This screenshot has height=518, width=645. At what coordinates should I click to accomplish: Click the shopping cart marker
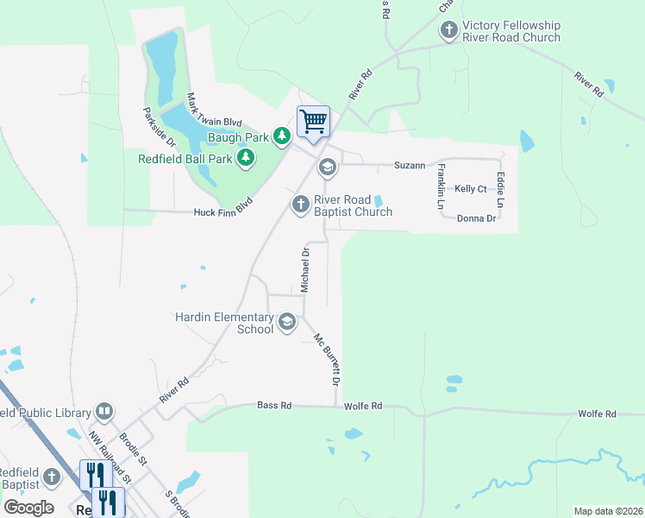[313, 121]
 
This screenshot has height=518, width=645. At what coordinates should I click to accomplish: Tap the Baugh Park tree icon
[282, 136]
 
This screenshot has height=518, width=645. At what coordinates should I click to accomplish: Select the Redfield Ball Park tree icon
[246, 157]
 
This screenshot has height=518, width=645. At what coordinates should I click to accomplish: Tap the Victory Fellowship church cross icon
[448, 30]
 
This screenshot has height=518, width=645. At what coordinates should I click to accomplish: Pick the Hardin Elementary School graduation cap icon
[287, 323]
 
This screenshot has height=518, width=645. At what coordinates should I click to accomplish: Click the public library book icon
[104, 411]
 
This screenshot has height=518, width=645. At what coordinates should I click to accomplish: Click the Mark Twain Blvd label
[214, 111]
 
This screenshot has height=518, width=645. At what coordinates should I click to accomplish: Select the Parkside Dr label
[159, 125]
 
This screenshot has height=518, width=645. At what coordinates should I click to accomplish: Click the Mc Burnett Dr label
[329, 360]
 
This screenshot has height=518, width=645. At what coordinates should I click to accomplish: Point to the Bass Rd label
[274, 405]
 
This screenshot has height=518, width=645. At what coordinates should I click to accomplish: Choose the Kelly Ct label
[471, 188]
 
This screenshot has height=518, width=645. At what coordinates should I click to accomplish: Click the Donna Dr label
[476, 218]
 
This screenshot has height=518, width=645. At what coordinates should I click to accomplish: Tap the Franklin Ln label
[441, 187]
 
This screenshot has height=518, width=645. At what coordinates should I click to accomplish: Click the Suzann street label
[410, 164]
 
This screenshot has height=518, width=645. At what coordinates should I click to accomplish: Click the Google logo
[28, 507]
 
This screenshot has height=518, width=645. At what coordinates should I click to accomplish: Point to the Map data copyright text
[607, 511]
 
